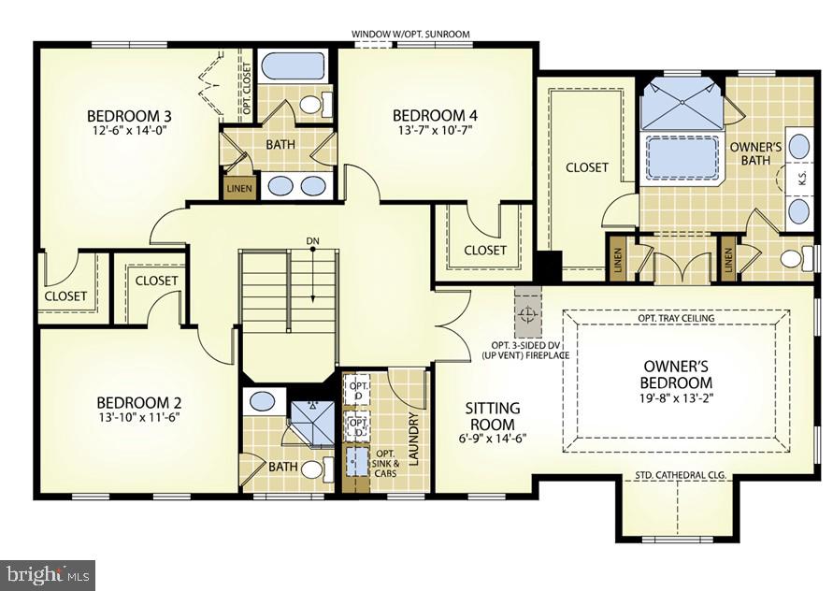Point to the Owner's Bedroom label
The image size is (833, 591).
tap(676, 374)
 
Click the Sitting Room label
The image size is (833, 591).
tap(493, 416)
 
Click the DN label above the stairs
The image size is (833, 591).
tap(312, 241)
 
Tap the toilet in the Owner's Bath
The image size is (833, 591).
tap(796, 259)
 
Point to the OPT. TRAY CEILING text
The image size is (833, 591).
tap(675, 318)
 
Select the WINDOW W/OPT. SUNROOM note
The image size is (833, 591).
tap(410, 35)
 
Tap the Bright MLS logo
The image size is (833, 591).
tap(49, 571)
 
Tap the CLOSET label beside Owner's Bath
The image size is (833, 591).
tap(586, 167)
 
